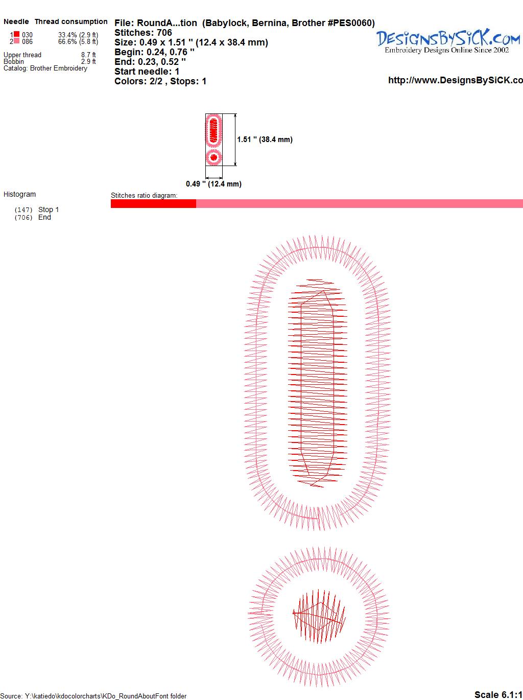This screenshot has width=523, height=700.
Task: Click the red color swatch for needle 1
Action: click(16, 34)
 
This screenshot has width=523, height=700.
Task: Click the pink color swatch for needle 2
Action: click(16, 41)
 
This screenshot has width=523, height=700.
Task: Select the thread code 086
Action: click(27, 41)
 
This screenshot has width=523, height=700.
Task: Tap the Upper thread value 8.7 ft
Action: click(88, 55)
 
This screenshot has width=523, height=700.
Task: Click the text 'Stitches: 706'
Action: click(143, 33)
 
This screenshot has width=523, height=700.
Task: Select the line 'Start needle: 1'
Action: click(147, 72)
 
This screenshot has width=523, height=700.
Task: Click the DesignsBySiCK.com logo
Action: click(448, 41)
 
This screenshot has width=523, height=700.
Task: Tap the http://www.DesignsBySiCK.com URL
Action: click(456, 80)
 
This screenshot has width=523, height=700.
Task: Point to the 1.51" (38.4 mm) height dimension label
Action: click(265, 139)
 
